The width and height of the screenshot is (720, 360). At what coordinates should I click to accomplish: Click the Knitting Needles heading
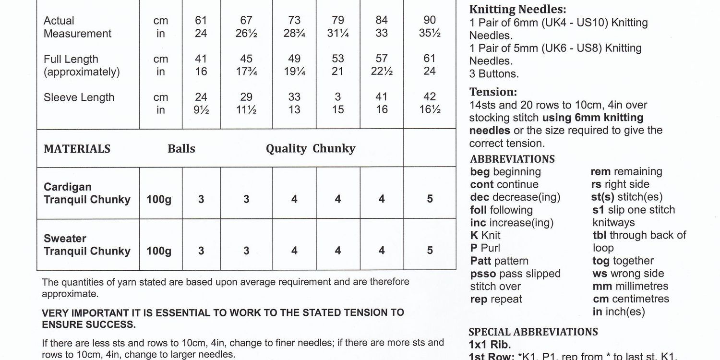coord(517,10)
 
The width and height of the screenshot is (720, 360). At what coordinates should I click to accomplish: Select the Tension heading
coord(493,92)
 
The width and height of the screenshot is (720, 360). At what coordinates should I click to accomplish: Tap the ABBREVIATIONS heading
coord(512,159)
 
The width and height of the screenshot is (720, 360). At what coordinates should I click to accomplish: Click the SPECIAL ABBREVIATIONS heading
coord(533,332)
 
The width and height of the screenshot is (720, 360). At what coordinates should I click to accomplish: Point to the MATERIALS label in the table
coord(77,149)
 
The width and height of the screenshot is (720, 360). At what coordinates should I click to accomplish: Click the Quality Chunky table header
coord(311,149)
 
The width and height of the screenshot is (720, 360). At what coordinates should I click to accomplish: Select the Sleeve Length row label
coord(79,97)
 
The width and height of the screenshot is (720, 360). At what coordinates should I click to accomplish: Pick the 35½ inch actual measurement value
coord(430,34)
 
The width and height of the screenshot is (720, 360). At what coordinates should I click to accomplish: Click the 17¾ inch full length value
coord(246,72)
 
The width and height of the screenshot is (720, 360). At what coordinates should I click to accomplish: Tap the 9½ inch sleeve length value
coord(201,110)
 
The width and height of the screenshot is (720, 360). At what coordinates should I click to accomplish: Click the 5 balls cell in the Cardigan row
coord(430,199)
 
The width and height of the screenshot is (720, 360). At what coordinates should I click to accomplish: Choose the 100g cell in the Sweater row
coord(159,251)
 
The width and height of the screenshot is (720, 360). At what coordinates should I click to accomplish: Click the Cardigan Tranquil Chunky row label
coord(87,193)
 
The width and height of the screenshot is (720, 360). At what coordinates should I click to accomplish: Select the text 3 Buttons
coord(494,74)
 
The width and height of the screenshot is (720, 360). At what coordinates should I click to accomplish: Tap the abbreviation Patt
coord(480,261)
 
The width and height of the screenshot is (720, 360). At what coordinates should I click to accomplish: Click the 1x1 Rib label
coord(490,345)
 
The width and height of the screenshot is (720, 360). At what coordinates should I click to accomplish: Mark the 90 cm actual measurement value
coord(430,20)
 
